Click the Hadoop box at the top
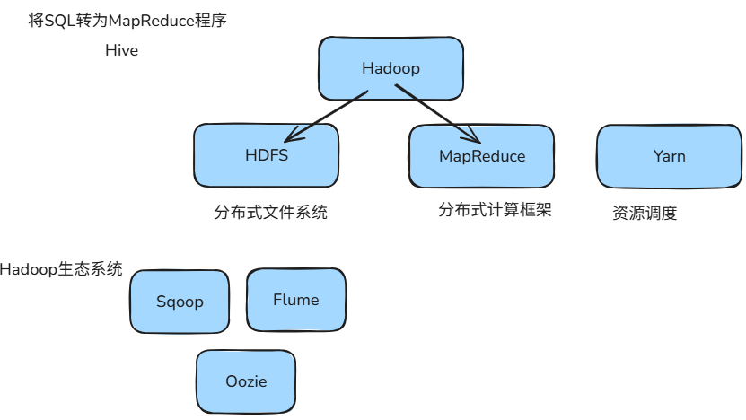pyautogui.click(x=391, y=68)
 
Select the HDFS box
pyautogui.click(x=266, y=155)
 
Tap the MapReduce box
pyautogui.click(x=481, y=156)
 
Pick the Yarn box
pyautogui.click(x=669, y=156)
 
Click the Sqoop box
pyautogui.click(x=180, y=302)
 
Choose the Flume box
pyautogui.click(x=295, y=300)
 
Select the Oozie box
pyautogui.click(x=246, y=381)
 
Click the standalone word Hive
pyautogui.click(x=121, y=51)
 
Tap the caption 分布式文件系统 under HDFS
pyautogui.click(x=270, y=214)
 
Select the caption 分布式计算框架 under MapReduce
pyautogui.click(x=494, y=211)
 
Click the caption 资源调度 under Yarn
pyautogui.click(x=644, y=214)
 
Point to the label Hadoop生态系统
pyautogui.click(x=61, y=269)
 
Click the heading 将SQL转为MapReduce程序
pyautogui.click(x=127, y=21)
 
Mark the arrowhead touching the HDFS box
pyautogui.click(x=289, y=137)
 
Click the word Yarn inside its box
pyautogui.click(x=669, y=156)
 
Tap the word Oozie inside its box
pyautogui.click(x=246, y=381)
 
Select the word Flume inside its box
pyautogui.click(x=295, y=300)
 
